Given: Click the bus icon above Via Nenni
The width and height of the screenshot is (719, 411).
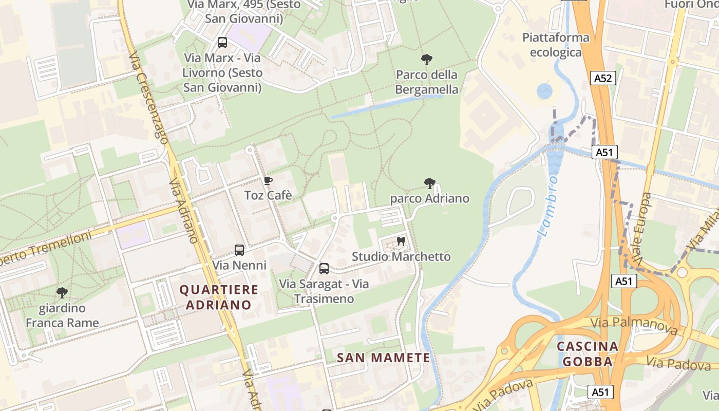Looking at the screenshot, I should [x=239, y=250].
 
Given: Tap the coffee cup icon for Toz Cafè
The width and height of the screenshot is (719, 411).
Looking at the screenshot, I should [x=268, y=180].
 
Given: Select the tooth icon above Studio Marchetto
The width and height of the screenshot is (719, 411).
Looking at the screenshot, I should [x=401, y=241].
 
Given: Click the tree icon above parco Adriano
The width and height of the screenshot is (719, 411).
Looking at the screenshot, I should [x=430, y=183].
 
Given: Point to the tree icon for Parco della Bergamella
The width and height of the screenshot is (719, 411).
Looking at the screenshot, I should [x=426, y=60].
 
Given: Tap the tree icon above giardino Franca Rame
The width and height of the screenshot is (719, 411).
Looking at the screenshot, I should [x=62, y=293].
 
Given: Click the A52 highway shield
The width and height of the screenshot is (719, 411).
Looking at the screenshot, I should [x=603, y=78].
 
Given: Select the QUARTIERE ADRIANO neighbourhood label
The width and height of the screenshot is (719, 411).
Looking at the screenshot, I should [x=219, y=297].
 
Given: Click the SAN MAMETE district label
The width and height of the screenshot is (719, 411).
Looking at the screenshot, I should [x=383, y=358].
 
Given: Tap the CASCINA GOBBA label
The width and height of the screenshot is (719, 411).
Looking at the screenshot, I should [x=588, y=353].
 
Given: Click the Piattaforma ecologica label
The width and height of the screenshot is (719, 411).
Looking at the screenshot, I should [x=556, y=45].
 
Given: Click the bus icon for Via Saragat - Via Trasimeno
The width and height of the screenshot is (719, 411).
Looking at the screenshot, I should [x=324, y=268].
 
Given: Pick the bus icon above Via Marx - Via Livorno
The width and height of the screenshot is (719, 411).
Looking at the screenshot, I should [x=222, y=43].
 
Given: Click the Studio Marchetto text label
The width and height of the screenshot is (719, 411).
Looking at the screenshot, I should [x=401, y=256].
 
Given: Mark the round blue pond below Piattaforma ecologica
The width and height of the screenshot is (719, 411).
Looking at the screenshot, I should [x=544, y=91].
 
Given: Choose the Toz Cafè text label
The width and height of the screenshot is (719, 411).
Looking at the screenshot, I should [x=268, y=195].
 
